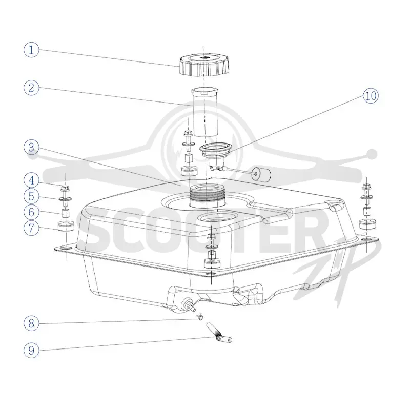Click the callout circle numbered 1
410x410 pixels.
pyautogui.click(x=31, y=50)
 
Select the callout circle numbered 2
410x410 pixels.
pyautogui.click(x=31, y=88)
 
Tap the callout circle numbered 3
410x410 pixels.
pyautogui.click(x=31, y=147)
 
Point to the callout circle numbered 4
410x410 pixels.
pyautogui.click(x=31, y=180)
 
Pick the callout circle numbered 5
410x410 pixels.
pyautogui.click(x=31, y=196)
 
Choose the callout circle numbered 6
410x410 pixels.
pyautogui.click(x=31, y=212)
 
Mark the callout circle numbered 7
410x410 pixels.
pyautogui.click(x=31, y=228)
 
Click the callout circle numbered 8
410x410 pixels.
pyautogui.click(x=31, y=323)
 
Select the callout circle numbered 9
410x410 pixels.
pyautogui.click(x=31, y=350)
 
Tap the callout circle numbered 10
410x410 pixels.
pyautogui.click(x=371, y=96)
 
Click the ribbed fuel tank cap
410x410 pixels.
pyautogui.click(x=204, y=65)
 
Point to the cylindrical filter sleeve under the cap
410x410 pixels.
pyautogui.click(x=204, y=112)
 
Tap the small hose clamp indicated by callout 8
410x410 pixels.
pyautogui.click(x=200, y=317)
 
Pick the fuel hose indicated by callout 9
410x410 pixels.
pyautogui.click(x=219, y=333)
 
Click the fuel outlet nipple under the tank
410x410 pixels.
pyautogui.click(x=190, y=305)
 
